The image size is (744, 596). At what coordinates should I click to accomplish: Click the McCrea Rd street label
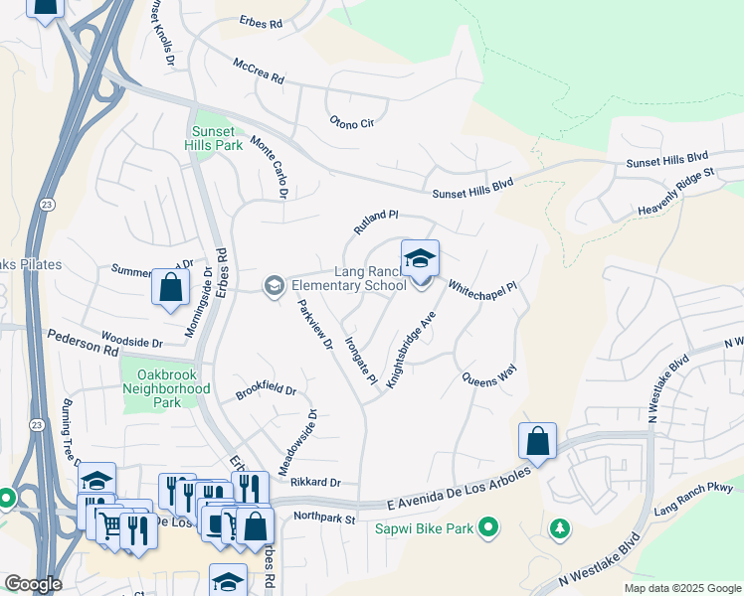[x=259, y=70]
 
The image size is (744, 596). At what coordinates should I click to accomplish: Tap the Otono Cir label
[x=352, y=122]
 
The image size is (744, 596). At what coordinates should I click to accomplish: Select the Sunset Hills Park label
[x=214, y=138]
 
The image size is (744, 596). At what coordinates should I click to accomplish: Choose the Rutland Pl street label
[x=375, y=222]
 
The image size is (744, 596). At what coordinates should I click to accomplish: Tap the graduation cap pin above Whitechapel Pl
[x=420, y=260]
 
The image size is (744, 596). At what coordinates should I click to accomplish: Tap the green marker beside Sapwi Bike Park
[x=487, y=526]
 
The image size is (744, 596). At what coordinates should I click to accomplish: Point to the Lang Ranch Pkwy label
[x=692, y=498]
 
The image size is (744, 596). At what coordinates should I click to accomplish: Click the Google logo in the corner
[x=32, y=584]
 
